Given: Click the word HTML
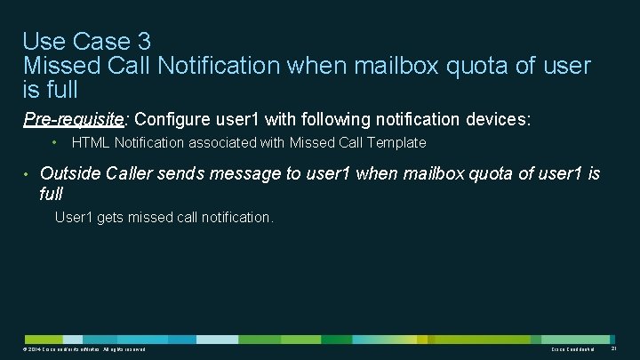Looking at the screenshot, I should point(89,142).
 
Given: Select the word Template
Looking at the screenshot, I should point(397,142).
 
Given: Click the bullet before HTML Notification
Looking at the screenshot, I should point(54,142).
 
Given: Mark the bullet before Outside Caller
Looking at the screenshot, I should point(28,173).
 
